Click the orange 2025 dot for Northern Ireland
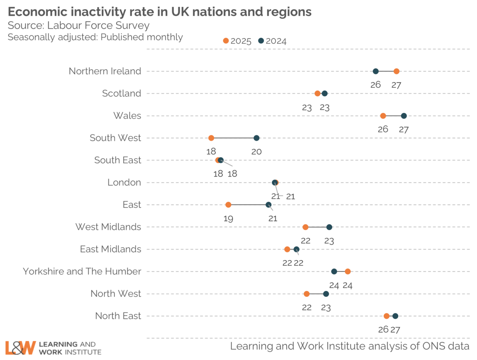[396, 71]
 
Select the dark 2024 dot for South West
[256, 138]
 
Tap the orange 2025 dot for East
[228, 205]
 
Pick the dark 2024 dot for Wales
[404, 116]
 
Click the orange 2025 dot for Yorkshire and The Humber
[348, 271]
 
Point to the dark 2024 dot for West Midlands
[329, 227]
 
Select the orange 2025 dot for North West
[306, 294]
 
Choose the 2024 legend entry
[272, 41]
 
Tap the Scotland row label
[122, 93]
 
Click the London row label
[124, 182]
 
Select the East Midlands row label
[111, 249]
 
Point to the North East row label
[118, 316]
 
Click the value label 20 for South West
[256, 151]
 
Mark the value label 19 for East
[228, 218]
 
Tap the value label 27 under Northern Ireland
[396, 85]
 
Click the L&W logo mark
[20, 347]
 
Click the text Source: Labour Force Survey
[79, 25]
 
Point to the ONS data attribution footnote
[350, 346]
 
